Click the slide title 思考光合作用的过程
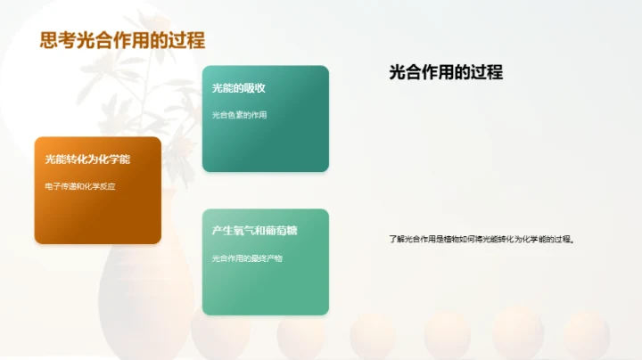click(123, 40)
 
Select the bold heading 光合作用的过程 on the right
click(446, 73)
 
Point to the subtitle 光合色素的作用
click(240, 115)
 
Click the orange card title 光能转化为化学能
click(88, 160)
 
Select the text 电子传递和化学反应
click(81, 186)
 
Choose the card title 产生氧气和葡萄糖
click(255, 231)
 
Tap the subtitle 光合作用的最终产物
click(247, 258)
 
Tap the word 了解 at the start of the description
click(396, 239)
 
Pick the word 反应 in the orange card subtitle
click(109, 186)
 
